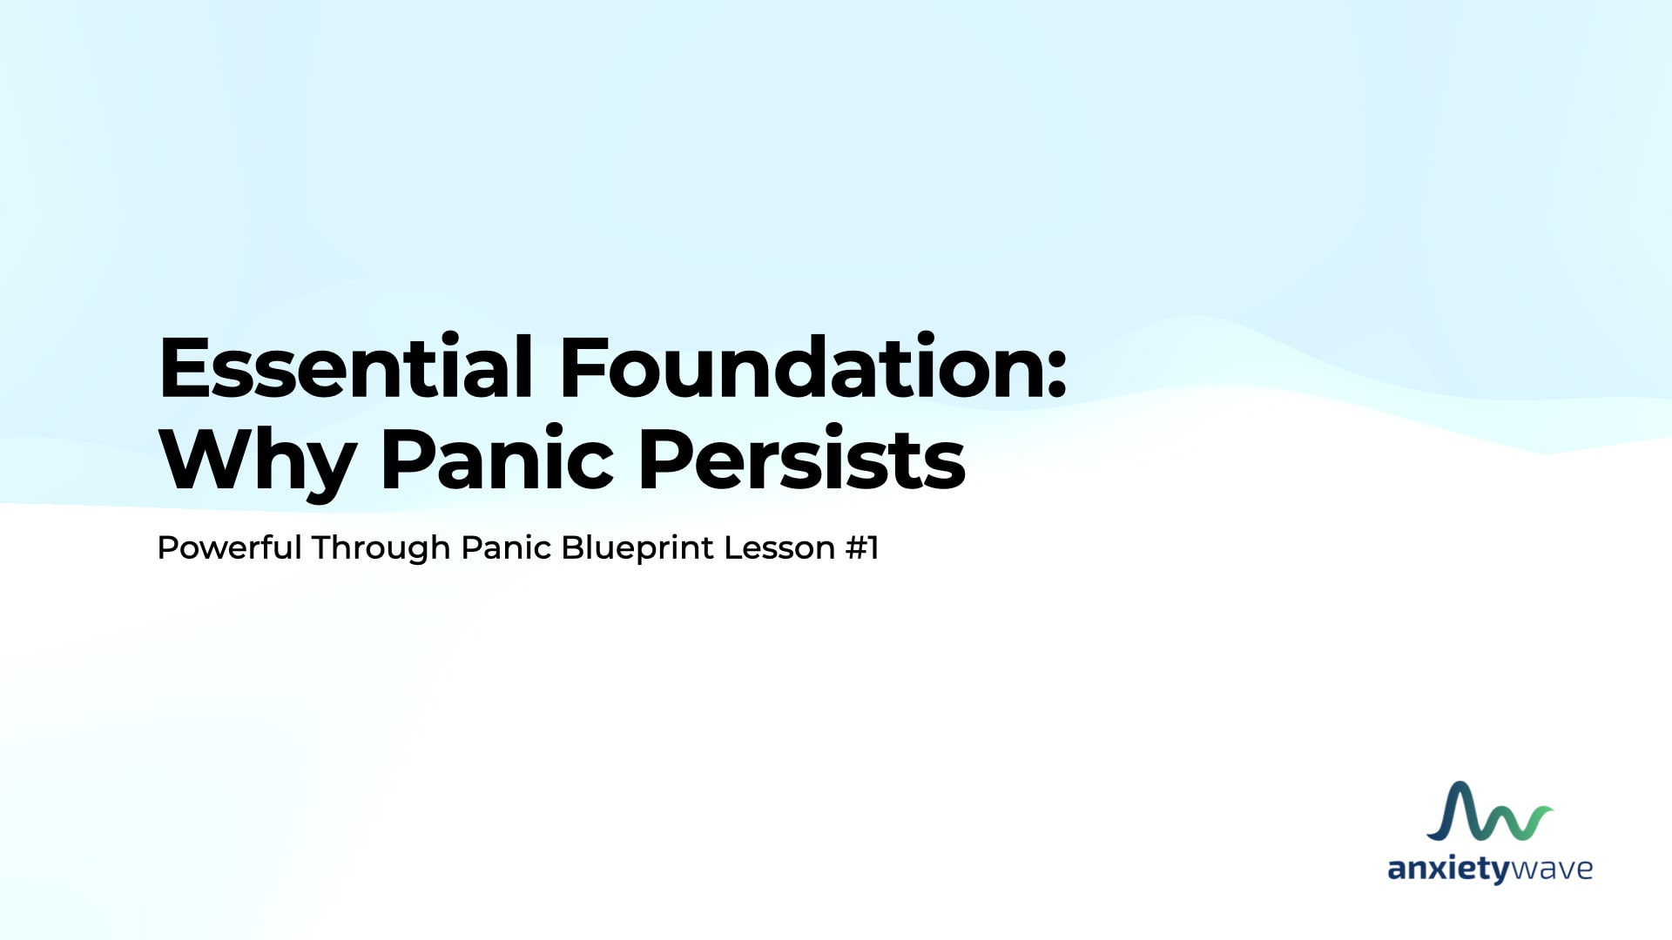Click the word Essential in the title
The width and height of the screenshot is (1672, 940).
(346, 366)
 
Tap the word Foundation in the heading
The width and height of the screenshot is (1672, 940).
(802, 366)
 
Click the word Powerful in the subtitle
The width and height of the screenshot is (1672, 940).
(229, 547)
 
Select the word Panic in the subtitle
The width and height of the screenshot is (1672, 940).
(506, 547)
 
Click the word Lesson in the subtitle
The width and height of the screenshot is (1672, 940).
(779, 547)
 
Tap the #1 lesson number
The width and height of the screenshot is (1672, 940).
(862, 547)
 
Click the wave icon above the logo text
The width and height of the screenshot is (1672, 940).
(1489, 812)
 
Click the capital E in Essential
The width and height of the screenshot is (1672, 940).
(185, 368)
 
